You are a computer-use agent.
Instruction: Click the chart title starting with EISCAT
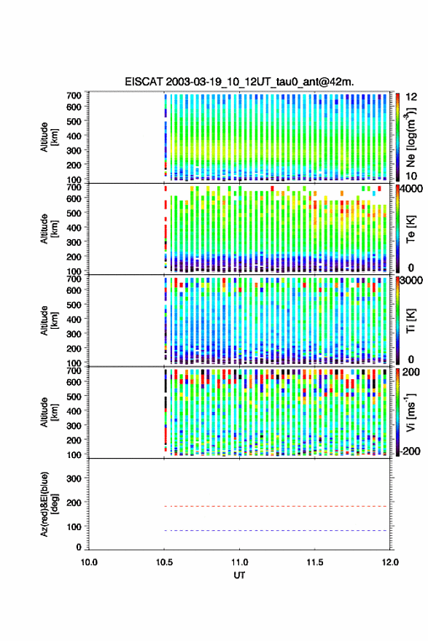click(239, 82)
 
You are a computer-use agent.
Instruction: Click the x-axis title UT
click(239, 575)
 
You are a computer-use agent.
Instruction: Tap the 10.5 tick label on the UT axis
click(164, 562)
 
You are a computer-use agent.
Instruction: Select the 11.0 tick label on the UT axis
click(240, 562)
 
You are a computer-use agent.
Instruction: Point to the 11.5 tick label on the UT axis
click(315, 562)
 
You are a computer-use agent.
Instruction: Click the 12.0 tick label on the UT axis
click(390, 562)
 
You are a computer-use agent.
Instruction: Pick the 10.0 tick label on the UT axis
click(89, 562)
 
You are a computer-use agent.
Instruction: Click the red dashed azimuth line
click(276, 507)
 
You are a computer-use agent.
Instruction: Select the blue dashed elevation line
click(276, 531)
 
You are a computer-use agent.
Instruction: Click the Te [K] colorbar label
click(411, 229)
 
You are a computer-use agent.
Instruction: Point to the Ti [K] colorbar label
click(411, 321)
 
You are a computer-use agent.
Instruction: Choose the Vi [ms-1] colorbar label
click(411, 412)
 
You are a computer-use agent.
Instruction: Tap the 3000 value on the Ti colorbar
click(412, 281)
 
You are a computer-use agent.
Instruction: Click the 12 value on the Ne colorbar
click(412, 97)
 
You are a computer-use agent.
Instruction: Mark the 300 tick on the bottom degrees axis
click(74, 478)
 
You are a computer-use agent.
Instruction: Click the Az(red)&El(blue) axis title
click(49, 505)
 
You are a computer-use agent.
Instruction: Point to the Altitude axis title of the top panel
click(49, 137)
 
